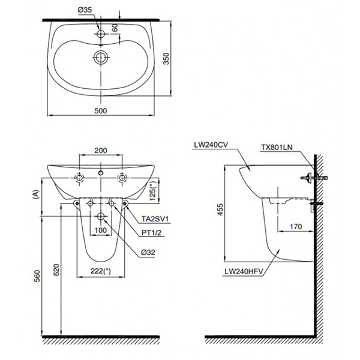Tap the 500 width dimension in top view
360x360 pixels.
point(101,110)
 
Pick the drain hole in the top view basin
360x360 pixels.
point(101,58)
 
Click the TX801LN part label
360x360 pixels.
point(277,146)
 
